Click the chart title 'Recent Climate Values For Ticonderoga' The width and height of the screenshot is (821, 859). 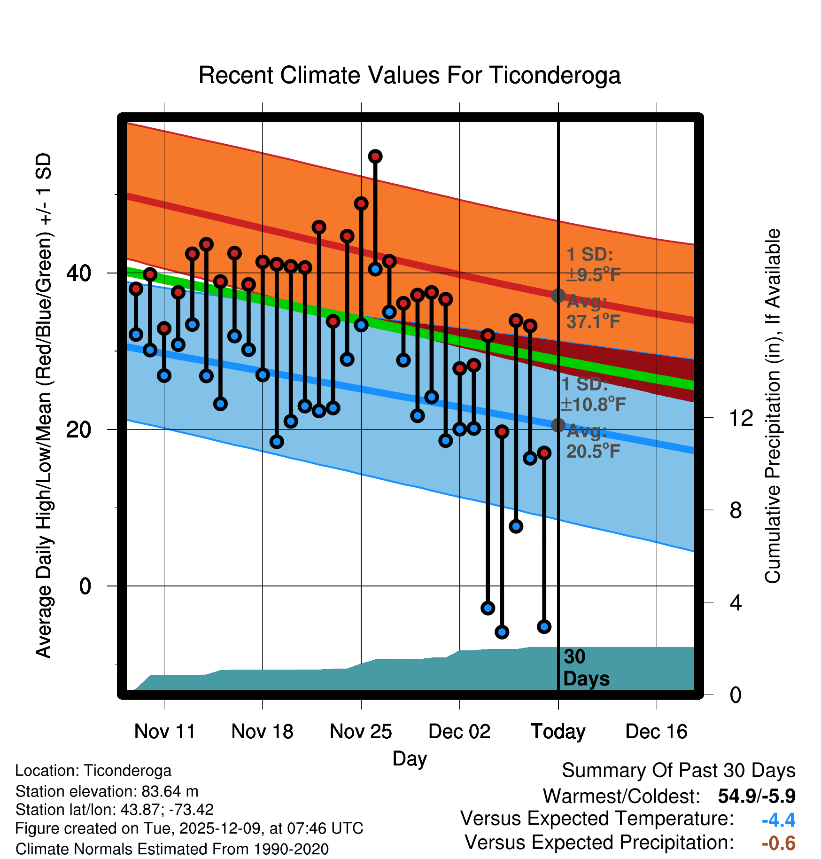pos(410,76)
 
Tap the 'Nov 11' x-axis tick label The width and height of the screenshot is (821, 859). pos(164,732)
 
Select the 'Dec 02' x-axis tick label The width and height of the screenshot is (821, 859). pos(459,732)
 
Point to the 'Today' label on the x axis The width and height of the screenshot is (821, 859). pos(558,732)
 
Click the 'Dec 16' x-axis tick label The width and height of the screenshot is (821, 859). pos(656,732)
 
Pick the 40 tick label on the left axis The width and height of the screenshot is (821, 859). pos(78,273)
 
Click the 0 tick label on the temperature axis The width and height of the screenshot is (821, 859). pos(85,586)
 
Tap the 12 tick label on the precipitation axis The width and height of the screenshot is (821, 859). pos(741,418)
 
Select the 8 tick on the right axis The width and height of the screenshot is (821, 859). pos(736,510)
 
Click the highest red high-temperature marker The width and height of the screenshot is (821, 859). pos(375,156)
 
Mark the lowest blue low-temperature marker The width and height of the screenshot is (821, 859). pos(502,632)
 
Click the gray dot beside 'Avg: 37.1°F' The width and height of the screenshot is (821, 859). pos(558,296)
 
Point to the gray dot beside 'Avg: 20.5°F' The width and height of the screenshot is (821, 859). pos(558,425)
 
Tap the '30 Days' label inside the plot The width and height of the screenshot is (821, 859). pos(586,668)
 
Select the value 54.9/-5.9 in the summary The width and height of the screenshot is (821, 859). pos(756,796)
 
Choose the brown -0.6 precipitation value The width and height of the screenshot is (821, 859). pos(778,843)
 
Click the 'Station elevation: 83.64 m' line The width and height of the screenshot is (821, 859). pos(107,791)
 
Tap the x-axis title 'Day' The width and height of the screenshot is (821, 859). pos(410,758)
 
